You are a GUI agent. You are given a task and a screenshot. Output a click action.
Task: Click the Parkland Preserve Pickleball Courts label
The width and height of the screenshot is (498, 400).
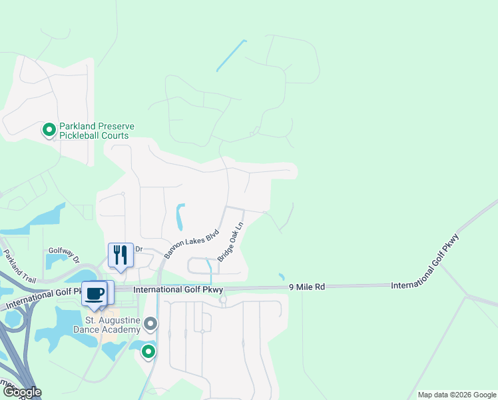coord(97,131)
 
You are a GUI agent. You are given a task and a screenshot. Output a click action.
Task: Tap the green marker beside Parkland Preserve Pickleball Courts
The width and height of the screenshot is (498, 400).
coord(49,130)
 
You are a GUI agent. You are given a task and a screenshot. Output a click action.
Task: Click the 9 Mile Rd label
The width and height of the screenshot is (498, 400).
coord(307,287)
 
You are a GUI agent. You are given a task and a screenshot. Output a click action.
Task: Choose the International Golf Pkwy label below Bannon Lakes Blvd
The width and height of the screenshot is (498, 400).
coord(178,290)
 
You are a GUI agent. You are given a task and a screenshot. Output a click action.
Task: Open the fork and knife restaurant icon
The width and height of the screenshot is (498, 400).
coord(121,255)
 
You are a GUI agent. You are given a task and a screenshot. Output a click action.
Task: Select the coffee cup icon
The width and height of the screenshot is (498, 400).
coord(94,293)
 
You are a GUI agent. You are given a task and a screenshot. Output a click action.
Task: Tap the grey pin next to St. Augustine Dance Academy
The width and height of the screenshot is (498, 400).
coord(151,325)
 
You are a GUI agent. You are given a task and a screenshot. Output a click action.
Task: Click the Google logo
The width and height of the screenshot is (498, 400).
coord(22,392)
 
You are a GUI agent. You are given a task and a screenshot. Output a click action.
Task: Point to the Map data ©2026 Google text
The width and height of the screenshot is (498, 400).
coord(456,395)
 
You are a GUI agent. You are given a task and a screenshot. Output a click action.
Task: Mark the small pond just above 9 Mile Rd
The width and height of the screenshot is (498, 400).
coord(282,277)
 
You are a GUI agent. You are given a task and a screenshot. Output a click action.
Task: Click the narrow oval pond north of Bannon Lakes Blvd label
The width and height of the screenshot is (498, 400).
coord(179,217)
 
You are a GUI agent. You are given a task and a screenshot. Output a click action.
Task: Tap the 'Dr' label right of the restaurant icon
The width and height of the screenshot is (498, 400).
coord(139,249)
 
